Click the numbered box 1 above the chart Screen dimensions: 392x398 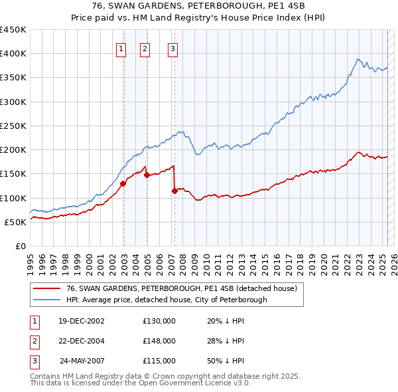pos(122,48)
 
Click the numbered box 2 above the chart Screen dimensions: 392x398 pos(145,48)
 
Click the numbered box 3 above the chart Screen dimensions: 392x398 pos(172,48)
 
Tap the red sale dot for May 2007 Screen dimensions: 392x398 pos(174,191)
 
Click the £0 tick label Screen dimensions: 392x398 pos(21,246)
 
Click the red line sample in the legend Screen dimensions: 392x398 pos(46,288)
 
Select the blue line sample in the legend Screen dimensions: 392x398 pos(46,300)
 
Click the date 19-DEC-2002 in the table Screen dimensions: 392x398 pos(82,321)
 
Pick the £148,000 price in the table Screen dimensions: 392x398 pos(159,341)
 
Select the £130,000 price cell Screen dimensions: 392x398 pos(159,321)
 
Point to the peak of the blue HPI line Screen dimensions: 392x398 pos(358,58)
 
